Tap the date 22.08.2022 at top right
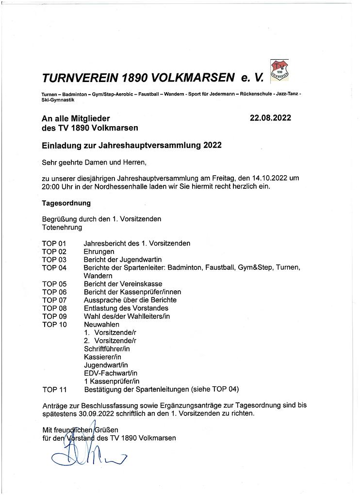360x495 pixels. tap(270, 118)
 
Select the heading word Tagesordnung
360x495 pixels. tap(66, 203)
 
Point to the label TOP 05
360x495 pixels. tap(54, 284)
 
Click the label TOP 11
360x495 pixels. tap(54, 389)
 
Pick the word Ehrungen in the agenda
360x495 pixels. tap(99, 251)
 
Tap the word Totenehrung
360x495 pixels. tap(62, 227)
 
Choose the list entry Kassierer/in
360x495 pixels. tap(102, 357)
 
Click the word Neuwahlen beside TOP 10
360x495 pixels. tap(101, 324)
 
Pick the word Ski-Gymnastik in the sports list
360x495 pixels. tap(59, 99)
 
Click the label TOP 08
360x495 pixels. tap(54, 308)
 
